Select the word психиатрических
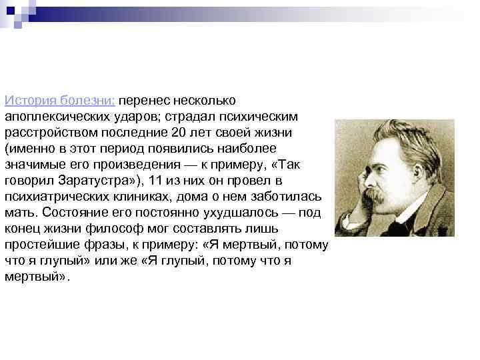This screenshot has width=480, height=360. [x=54, y=197]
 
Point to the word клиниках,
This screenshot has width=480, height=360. [x=137, y=197]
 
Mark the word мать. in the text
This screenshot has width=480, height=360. [x=20, y=213]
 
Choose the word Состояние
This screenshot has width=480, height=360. [x=71, y=213]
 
